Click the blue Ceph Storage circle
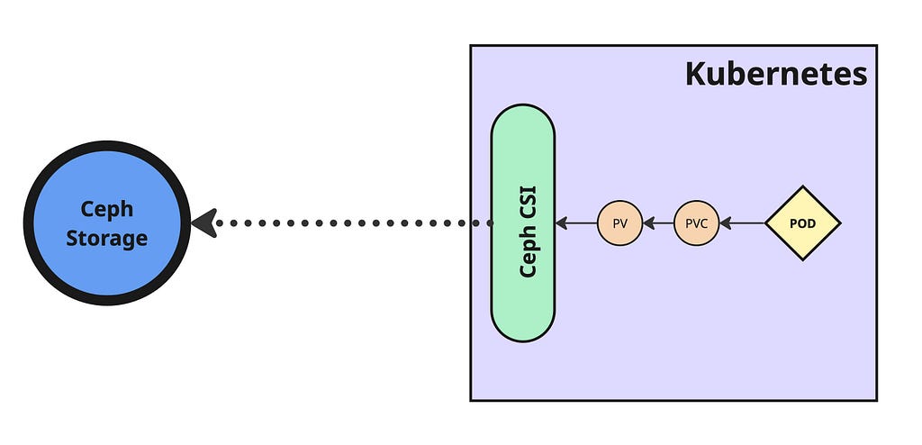106,261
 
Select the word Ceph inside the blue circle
106,208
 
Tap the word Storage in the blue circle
106,239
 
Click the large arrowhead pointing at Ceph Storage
205,222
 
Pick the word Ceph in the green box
529,252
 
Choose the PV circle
619,222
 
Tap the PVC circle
696,222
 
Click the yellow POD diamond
802,222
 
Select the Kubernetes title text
775,74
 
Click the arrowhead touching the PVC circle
725,222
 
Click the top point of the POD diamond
802,189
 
